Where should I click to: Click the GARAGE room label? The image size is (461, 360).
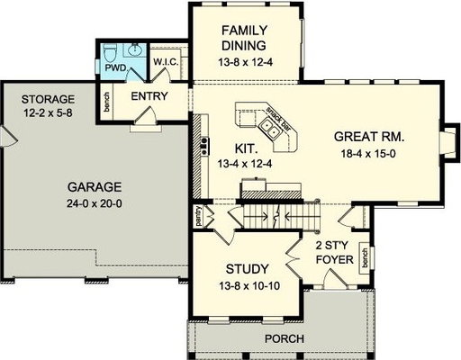(x=95, y=187)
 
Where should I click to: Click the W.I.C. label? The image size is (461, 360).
(x=166, y=62)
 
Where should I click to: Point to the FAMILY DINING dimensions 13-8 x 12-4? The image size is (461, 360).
(x=245, y=62)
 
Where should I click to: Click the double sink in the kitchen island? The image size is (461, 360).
(x=269, y=129)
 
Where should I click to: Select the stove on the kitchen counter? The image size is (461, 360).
(x=205, y=146)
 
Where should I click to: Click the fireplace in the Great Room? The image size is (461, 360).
(x=449, y=141)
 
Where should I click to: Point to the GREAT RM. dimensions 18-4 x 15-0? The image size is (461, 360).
(x=368, y=154)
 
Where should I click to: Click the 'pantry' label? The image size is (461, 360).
(x=198, y=215)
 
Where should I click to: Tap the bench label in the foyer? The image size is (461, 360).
(x=365, y=257)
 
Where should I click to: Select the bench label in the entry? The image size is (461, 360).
(x=107, y=102)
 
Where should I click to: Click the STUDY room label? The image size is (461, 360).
(x=247, y=269)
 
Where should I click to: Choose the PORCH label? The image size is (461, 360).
(x=285, y=339)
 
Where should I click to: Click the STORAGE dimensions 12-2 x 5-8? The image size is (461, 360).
(x=48, y=112)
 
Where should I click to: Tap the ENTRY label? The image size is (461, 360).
(x=149, y=96)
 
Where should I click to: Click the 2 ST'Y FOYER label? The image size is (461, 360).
(x=333, y=252)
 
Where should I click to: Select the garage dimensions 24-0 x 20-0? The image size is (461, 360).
(x=95, y=204)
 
